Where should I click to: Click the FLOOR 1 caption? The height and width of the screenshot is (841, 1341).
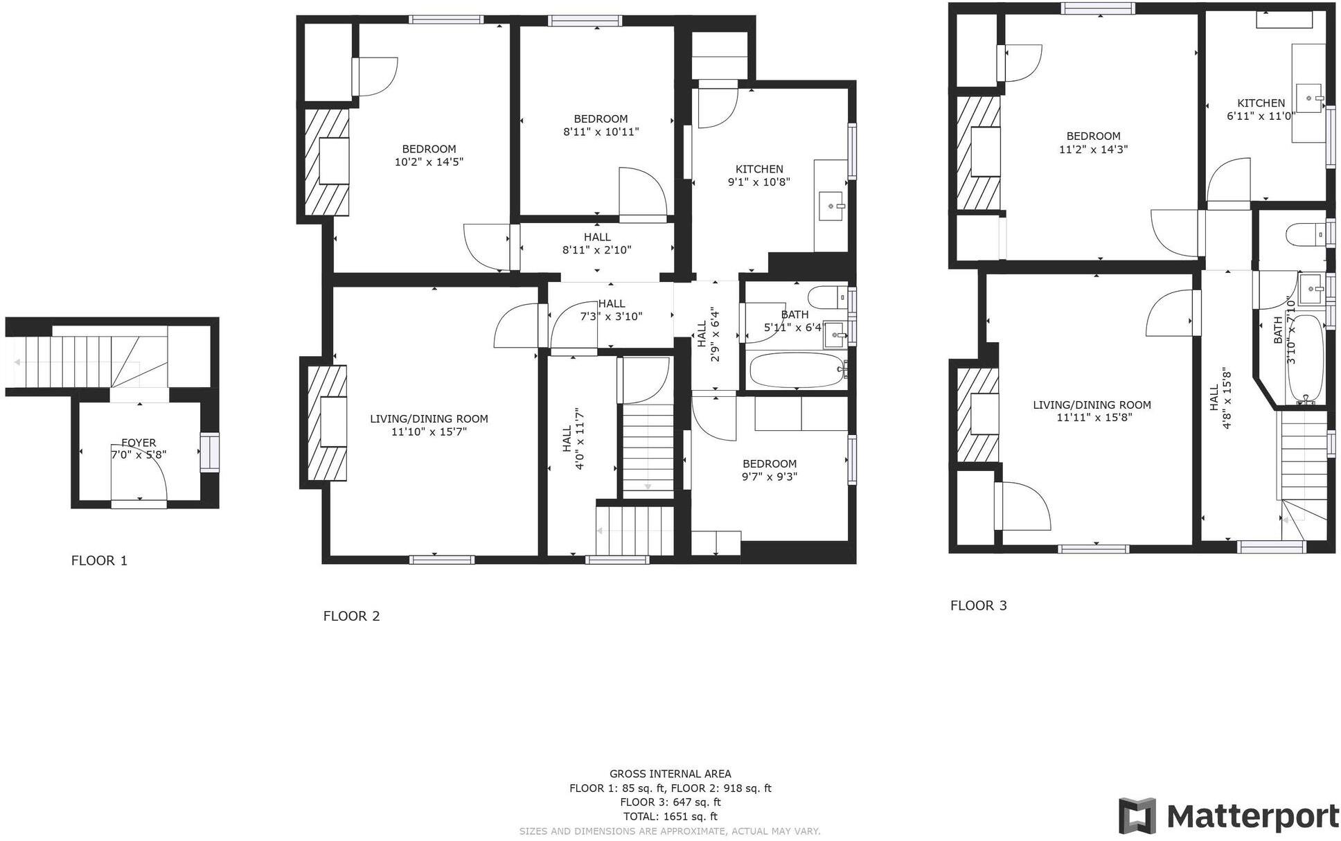tap(99, 560)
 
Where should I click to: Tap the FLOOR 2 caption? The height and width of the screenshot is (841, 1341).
tap(351, 616)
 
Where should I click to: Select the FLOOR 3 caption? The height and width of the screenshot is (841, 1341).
tap(978, 605)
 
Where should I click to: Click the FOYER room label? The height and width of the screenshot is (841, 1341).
tap(139, 443)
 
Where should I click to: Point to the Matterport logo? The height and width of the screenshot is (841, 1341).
tap(1228, 816)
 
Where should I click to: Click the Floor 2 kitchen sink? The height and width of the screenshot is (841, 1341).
tap(831, 206)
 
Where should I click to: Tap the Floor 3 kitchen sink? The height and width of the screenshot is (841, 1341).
tap(1308, 98)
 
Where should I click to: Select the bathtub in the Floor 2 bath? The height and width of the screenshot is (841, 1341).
tap(797, 371)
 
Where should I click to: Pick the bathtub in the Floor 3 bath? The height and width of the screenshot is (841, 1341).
tap(1305, 357)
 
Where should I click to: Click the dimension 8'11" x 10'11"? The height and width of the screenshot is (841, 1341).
tap(601, 132)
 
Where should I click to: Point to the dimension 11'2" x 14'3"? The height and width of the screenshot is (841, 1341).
tap(1093, 149)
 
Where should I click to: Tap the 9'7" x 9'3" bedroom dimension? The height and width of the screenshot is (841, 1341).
tap(769, 477)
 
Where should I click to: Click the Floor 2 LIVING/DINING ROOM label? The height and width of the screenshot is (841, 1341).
tap(429, 418)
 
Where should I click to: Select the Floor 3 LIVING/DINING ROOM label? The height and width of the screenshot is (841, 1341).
tap(1092, 405)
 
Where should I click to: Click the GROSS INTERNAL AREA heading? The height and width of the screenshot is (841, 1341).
tap(670, 774)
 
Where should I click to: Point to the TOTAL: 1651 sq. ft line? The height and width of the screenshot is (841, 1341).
tap(670, 816)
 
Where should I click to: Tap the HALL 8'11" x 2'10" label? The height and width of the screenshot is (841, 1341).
tap(597, 243)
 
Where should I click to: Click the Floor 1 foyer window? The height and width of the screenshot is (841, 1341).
tap(209, 452)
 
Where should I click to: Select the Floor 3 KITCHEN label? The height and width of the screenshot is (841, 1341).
tap(1261, 103)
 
